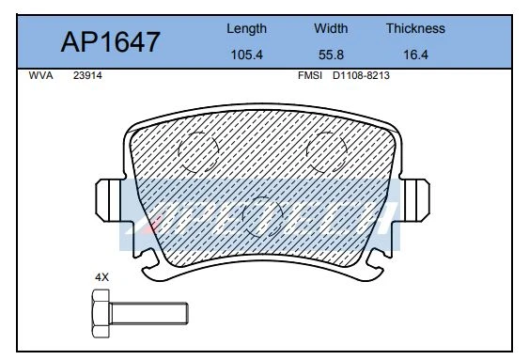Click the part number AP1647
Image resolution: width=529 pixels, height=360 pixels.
tap(110, 42)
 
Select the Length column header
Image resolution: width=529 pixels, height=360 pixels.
tap(246, 29)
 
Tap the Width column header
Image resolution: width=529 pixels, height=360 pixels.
tap(331, 28)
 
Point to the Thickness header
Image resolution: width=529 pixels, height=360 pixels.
tap(415, 28)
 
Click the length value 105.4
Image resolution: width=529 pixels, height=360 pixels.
tap(246, 55)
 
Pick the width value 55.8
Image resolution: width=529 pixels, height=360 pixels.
tap(331, 55)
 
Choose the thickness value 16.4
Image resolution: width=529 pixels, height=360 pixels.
tap(415, 55)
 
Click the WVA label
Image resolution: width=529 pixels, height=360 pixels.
tap(40, 75)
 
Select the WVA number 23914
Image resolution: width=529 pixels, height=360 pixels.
tap(87, 75)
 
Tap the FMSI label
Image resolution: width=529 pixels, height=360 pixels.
tap(310, 75)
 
